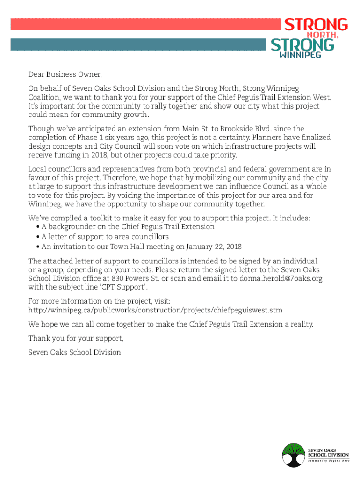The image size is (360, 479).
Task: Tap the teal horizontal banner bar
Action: click(x=140, y=44)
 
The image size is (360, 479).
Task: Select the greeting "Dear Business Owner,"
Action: click(x=65, y=74)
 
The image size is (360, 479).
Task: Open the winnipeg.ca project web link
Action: click(x=155, y=310)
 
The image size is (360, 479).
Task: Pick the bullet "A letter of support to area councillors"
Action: click(x=105, y=237)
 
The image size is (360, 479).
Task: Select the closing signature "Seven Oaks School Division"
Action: click(x=74, y=352)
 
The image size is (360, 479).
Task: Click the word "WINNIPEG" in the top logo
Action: click(x=299, y=55)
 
